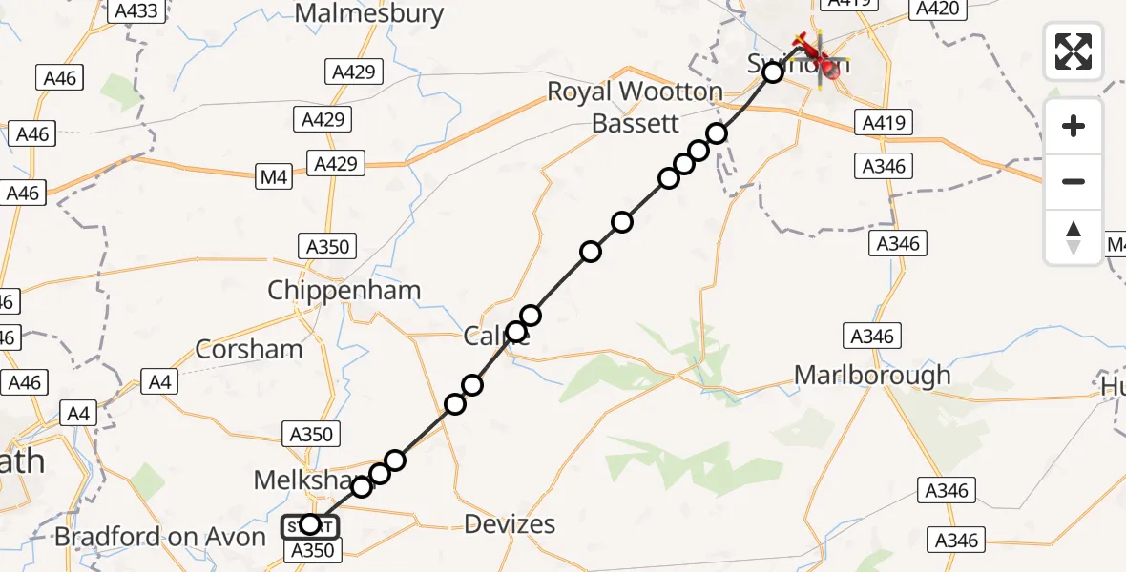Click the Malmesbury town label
click(369, 13)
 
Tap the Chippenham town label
click(344, 291)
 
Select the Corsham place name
click(249, 349)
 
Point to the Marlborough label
click(873, 375)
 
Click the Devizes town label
click(510, 523)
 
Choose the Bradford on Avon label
click(160, 537)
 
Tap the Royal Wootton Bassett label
click(635, 107)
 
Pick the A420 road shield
click(936, 9)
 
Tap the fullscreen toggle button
click(1074, 51)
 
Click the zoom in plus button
click(1074, 126)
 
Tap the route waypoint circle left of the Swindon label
click(773, 71)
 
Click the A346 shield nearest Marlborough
click(871, 336)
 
